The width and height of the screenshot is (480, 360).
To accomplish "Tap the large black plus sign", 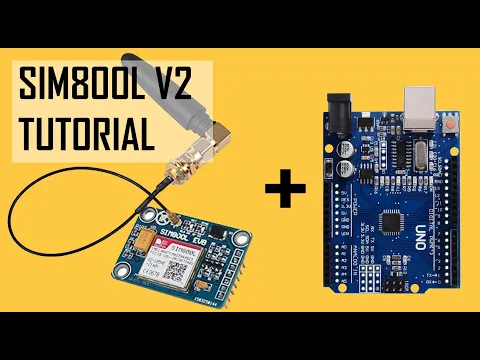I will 284,190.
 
